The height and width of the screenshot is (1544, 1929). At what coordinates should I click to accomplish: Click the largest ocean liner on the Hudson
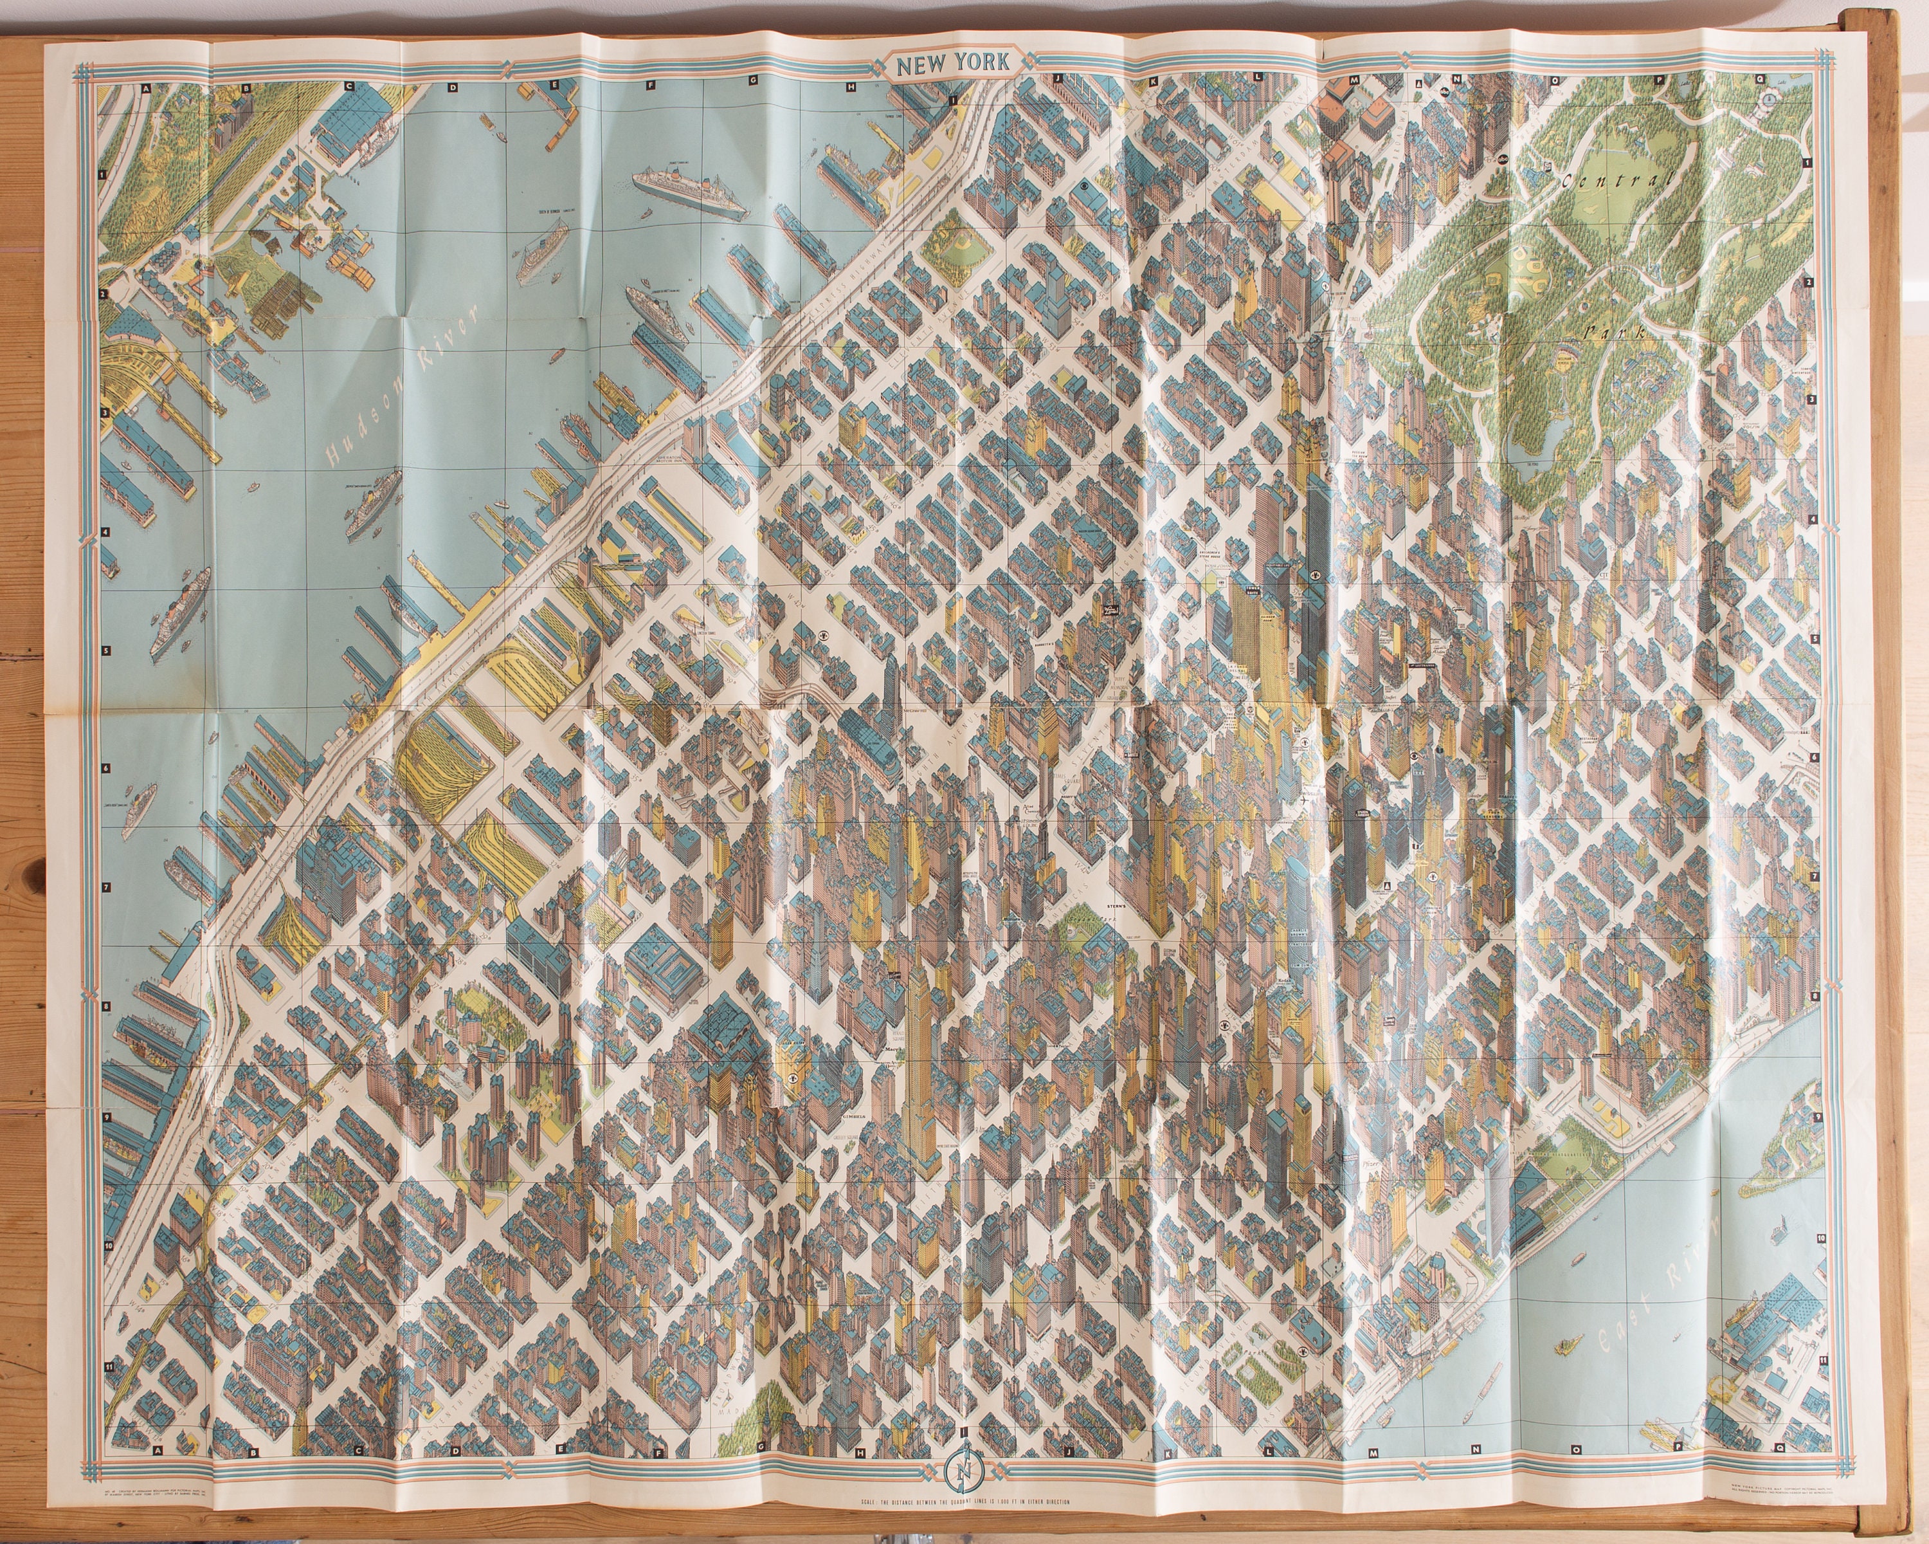689,195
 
